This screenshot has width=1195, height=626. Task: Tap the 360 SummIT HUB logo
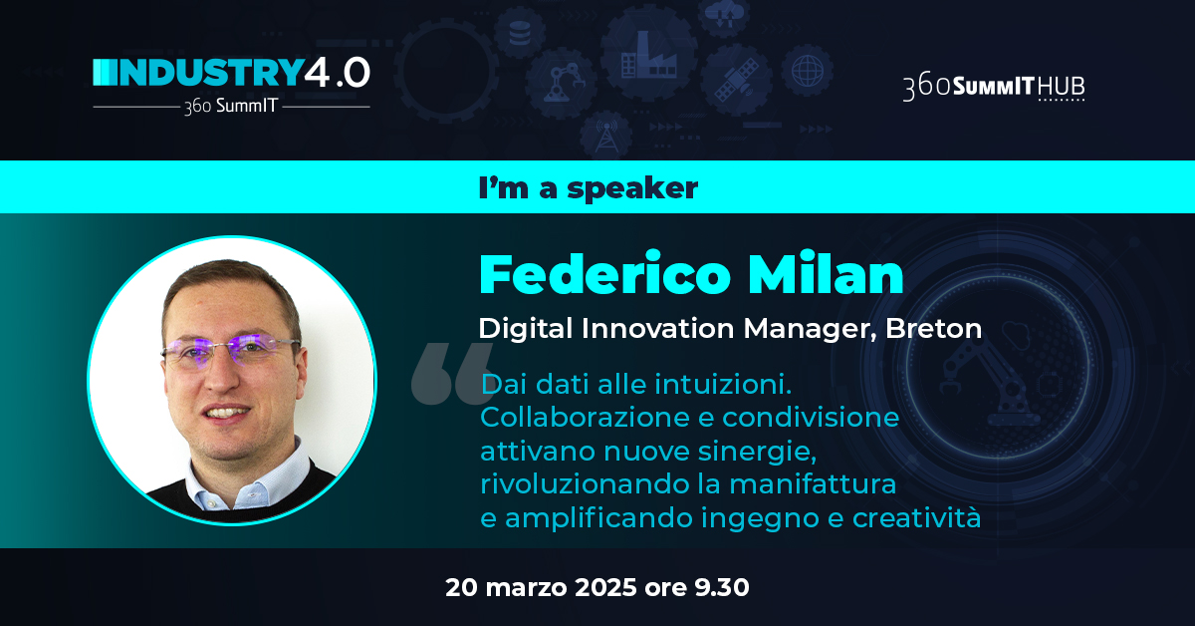pyautogui.click(x=994, y=88)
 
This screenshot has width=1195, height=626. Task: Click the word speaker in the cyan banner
pyautogui.click(x=632, y=188)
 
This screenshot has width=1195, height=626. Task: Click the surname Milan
pyautogui.click(x=826, y=274)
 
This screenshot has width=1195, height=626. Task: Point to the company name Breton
pyautogui.click(x=934, y=329)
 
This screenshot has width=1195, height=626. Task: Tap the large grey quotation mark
pyautogui.click(x=452, y=374)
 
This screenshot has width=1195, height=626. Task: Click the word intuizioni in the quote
pyautogui.click(x=723, y=384)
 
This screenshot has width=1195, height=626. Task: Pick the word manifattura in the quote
pyautogui.click(x=813, y=484)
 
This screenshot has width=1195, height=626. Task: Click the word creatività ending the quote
pyautogui.click(x=916, y=517)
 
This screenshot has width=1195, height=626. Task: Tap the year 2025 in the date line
pyautogui.click(x=605, y=587)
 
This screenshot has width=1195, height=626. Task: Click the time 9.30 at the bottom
pyautogui.click(x=722, y=587)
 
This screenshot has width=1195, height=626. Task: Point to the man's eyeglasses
pyautogui.click(x=230, y=350)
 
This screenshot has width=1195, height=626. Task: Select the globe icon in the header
pyautogui.click(x=808, y=71)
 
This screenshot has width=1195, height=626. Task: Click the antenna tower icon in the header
pyautogui.click(x=606, y=137)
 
